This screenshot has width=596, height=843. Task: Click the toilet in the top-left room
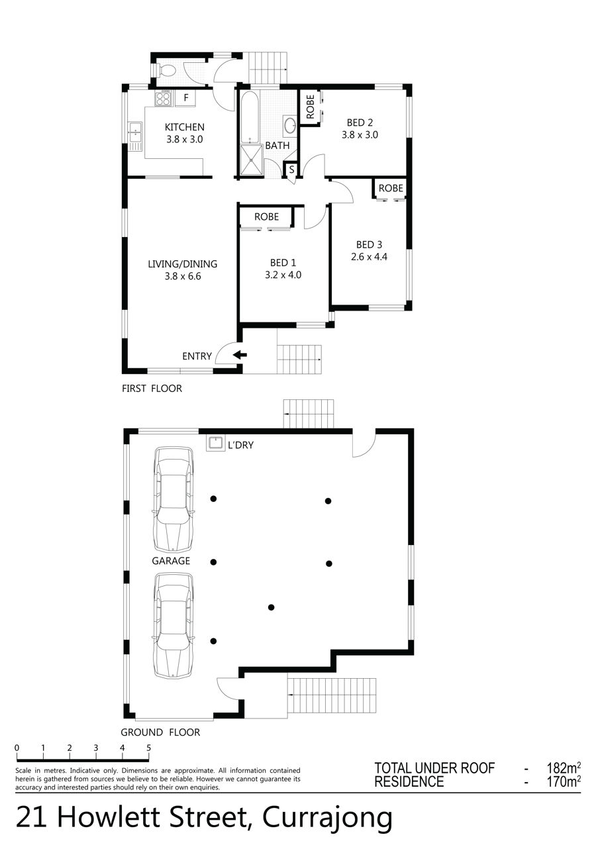(166, 70)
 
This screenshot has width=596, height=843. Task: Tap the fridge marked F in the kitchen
(186, 98)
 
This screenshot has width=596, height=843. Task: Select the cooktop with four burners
(164, 98)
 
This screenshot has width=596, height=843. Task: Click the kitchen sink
(134, 131)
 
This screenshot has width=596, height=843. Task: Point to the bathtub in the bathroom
(250, 117)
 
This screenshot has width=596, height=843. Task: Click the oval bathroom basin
(290, 125)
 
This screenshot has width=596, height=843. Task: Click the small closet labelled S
(291, 170)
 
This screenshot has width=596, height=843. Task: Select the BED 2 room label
(360, 123)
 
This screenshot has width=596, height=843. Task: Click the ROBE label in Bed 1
(266, 217)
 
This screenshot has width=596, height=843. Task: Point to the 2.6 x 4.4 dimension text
(369, 257)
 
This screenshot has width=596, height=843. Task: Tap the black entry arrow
(240, 354)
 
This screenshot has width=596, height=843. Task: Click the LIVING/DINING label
(183, 264)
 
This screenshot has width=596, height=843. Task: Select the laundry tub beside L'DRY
(216, 443)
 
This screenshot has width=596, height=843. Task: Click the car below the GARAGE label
(174, 626)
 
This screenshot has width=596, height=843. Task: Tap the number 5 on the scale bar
(148, 748)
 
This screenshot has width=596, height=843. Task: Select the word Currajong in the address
(327, 817)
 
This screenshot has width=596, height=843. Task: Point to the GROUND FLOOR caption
(160, 732)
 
